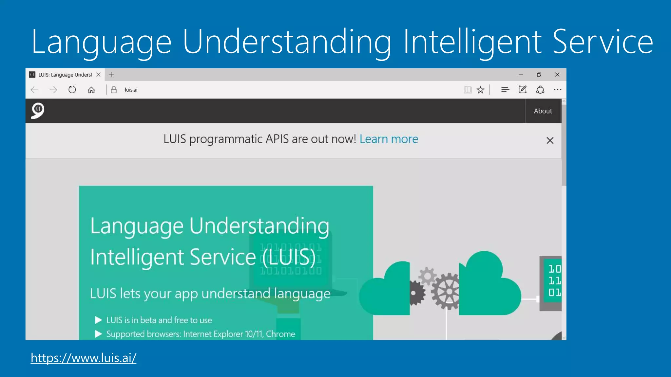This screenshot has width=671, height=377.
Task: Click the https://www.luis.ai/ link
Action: (x=84, y=358)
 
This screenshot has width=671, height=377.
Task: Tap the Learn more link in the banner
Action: (x=389, y=139)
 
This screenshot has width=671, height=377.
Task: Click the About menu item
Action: (x=543, y=111)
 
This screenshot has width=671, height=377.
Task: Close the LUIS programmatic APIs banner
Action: (x=550, y=140)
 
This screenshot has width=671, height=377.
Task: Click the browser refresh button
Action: (x=72, y=90)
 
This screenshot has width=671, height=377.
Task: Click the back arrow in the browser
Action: (x=34, y=90)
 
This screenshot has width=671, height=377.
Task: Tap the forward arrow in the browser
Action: (x=53, y=90)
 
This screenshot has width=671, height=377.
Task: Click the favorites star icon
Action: (x=480, y=90)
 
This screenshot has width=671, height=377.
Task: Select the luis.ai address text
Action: (x=131, y=90)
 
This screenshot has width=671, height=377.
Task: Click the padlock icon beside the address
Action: (x=114, y=90)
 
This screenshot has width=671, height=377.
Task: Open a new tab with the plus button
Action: (x=111, y=75)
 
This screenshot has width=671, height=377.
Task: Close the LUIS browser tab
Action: (x=98, y=75)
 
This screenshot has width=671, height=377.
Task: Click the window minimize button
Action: (x=521, y=75)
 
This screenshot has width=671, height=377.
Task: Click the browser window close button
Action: (x=557, y=75)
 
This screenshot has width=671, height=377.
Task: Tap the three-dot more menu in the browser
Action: (x=557, y=90)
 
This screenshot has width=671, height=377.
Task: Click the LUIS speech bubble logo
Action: (x=38, y=111)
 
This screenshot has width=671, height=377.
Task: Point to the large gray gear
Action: (x=447, y=291)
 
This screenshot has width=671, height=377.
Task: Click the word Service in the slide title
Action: (x=603, y=42)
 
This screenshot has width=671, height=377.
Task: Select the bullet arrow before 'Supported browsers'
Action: (x=98, y=334)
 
